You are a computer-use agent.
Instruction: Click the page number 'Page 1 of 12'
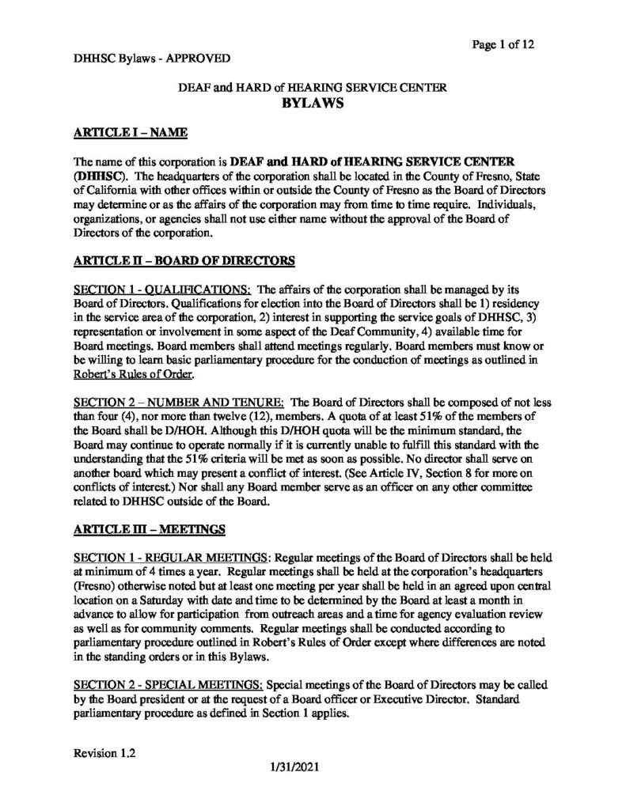pyautogui.click(x=503, y=44)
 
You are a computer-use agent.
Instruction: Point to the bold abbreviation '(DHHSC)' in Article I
pyautogui.click(x=100, y=175)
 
